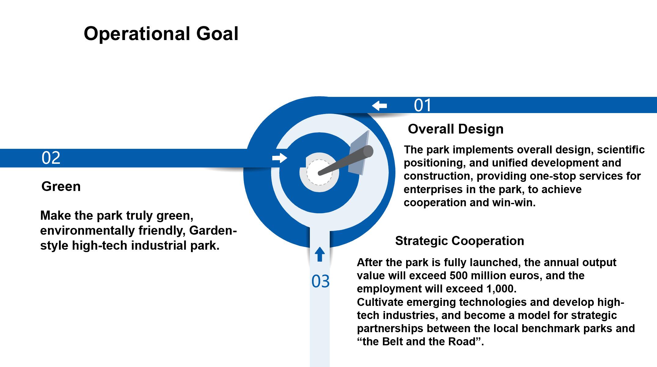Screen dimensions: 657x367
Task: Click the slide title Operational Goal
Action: click(x=161, y=34)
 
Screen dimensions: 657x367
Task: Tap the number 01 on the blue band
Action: click(x=423, y=105)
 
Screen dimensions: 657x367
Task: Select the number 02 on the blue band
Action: click(x=51, y=158)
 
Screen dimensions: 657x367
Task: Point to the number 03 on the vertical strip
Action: click(x=321, y=281)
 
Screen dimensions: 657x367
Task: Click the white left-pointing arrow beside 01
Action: click(x=379, y=106)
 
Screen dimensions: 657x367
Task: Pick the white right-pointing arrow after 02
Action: click(x=280, y=158)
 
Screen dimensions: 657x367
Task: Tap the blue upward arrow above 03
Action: click(x=320, y=254)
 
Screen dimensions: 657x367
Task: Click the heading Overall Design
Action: click(x=456, y=129)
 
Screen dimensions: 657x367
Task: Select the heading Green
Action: click(x=61, y=186)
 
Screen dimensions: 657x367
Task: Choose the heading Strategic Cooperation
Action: click(x=460, y=241)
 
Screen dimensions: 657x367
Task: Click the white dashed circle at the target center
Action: click(x=319, y=172)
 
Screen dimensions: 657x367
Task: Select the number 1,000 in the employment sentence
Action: click(x=500, y=289)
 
